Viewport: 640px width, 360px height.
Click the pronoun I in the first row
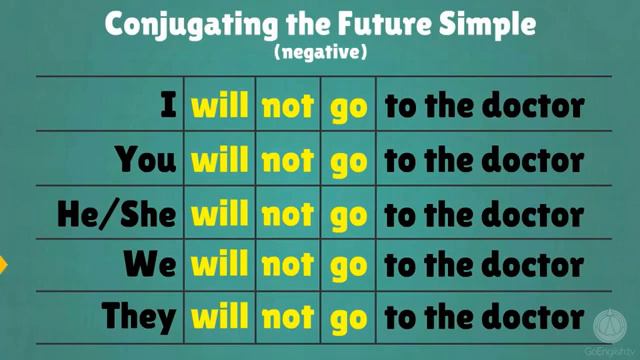(169, 106)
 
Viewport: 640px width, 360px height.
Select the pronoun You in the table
(145, 159)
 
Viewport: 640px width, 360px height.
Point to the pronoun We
(150, 265)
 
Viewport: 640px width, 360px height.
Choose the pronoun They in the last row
(138, 317)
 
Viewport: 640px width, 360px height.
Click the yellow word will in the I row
(220, 106)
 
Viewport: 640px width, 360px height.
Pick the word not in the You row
(288, 159)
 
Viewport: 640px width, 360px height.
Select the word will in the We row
(220, 265)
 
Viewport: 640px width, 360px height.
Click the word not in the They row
(288, 318)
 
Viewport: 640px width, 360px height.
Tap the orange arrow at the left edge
(3, 265)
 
